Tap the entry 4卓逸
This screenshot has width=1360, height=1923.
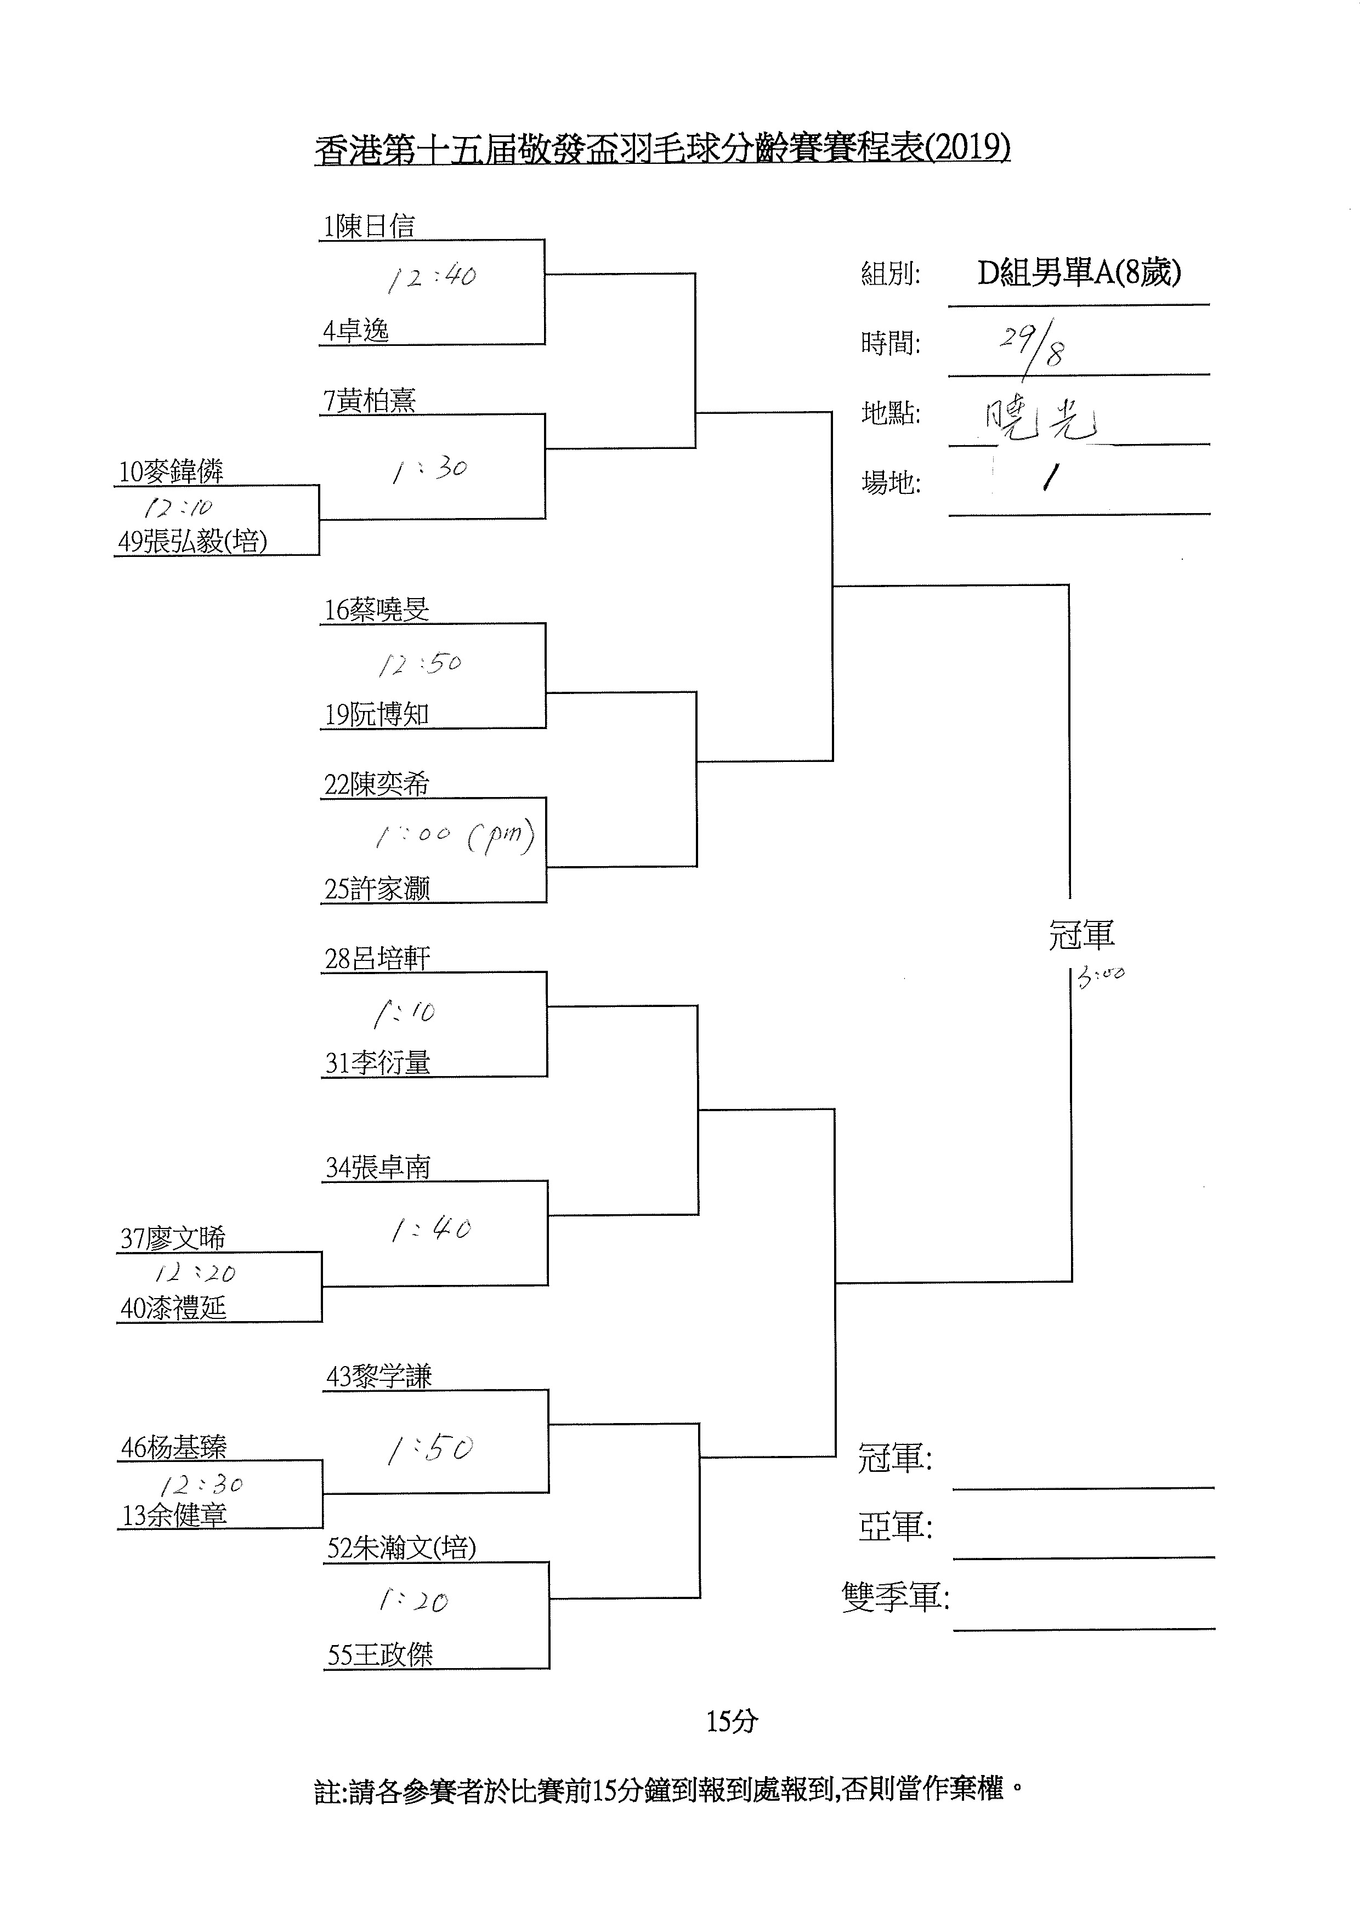click(356, 331)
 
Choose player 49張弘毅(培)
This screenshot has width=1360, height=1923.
click(192, 542)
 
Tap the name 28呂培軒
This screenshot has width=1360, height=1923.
click(377, 959)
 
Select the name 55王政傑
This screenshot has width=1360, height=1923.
click(379, 1654)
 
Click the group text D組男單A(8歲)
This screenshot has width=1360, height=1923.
click(1079, 273)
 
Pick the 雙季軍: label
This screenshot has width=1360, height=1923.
click(895, 1597)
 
